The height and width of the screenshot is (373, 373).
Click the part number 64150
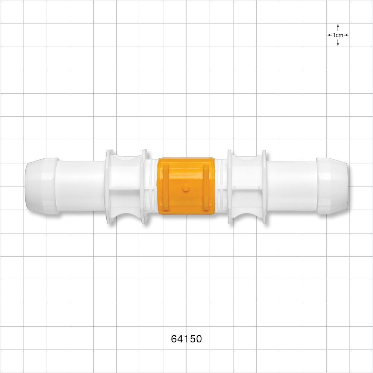pos(186,339)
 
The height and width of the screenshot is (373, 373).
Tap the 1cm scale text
pos(338,35)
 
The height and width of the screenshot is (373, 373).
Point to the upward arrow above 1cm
pos(338,27)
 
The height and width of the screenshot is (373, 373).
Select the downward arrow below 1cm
pos(338,43)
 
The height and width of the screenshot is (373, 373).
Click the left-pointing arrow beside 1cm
pos(329,35)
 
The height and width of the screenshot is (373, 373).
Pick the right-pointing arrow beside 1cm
pos(346,35)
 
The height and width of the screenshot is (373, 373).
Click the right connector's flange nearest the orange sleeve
pos(229,186)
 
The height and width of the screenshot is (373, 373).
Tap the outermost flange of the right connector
pos(264,186)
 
